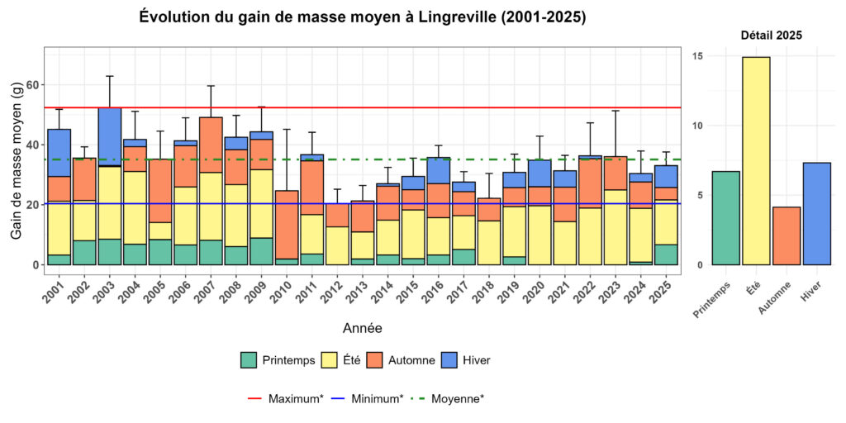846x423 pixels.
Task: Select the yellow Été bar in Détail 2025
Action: click(755, 161)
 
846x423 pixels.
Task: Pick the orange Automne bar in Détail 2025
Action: click(787, 235)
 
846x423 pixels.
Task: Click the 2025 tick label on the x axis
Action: click(663, 290)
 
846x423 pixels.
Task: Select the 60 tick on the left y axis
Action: click(32, 85)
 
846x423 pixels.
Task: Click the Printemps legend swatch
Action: click(249, 360)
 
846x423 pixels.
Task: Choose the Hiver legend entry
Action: click(466, 360)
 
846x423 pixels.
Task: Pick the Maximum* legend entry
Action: click(284, 398)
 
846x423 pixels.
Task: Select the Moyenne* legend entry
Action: click(447, 398)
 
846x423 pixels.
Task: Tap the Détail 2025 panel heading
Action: click(771, 36)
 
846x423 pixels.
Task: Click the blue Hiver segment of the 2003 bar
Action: click(110, 136)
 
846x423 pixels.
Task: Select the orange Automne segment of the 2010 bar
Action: click(286, 225)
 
